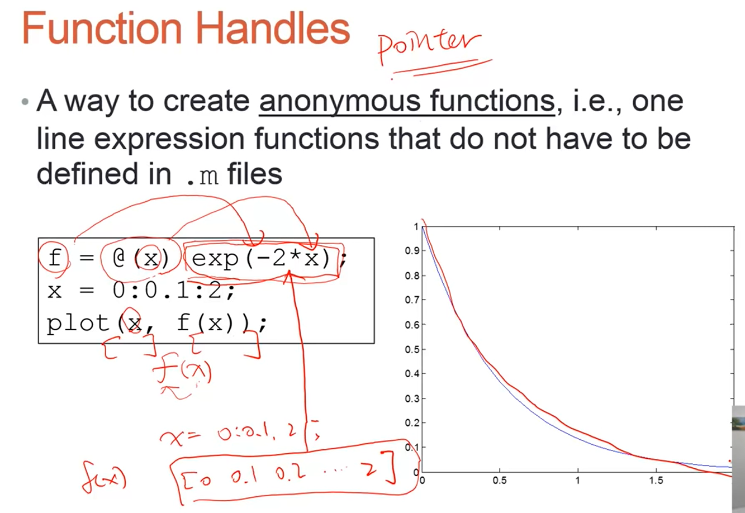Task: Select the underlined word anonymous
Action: coord(340,101)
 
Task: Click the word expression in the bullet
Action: coord(169,139)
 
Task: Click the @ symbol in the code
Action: coord(118,258)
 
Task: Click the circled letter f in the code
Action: coord(55,258)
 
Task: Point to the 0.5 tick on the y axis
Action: coord(412,349)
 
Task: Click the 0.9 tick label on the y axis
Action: coord(412,251)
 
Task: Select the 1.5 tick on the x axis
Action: coord(656,481)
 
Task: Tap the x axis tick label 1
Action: coord(578,481)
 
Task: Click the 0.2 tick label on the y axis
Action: coord(412,423)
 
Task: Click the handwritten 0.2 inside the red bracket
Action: coord(291,473)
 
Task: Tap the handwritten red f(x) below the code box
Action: coord(182,372)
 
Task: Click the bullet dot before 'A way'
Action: coord(25,101)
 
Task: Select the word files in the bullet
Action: coord(254,174)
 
